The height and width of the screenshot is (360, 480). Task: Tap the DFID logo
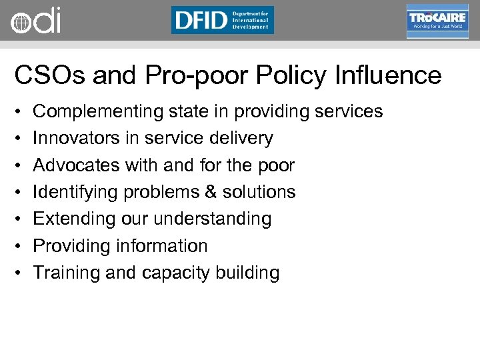click(x=223, y=20)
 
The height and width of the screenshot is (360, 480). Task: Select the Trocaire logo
click(x=437, y=21)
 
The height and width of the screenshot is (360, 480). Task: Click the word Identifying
click(x=73, y=192)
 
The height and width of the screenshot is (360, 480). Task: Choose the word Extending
click(x=71, y=219)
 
